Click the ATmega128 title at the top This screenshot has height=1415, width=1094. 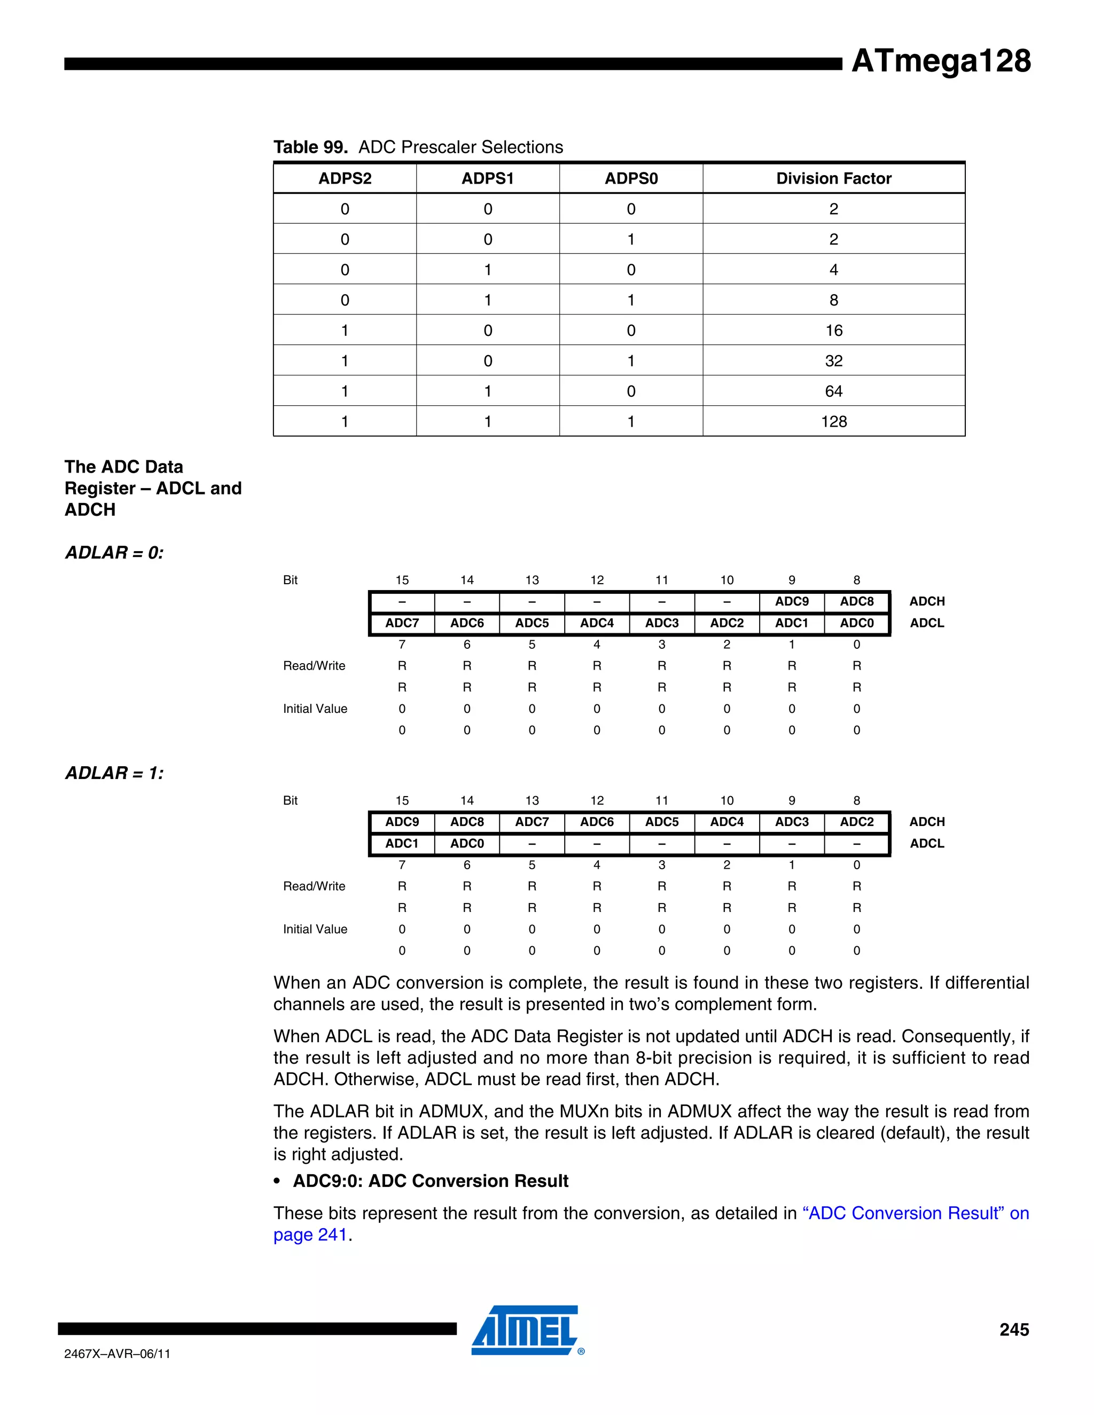tap(940, 61)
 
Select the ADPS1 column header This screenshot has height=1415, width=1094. tap(487, 178)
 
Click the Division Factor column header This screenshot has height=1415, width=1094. tap(833, 178)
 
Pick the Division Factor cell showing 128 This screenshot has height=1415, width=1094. tap(833, 422)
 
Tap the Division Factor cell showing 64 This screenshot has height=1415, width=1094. tap(833, 391)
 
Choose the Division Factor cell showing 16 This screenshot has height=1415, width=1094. tap(833, 331)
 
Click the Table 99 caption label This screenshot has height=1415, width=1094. tap(310, 147)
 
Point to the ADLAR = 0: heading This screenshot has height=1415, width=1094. tap(114, 553)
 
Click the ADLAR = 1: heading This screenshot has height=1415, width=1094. tap(114, 773)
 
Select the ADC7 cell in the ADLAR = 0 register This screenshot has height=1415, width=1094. tap(402, 623)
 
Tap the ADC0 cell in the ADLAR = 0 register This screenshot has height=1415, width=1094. tap(857, 623)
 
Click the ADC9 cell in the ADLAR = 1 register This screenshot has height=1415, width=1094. tap(402, 822)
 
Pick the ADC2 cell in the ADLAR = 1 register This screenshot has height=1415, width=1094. tap(857, 822)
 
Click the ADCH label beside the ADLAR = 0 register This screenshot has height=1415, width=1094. tap(927, 601)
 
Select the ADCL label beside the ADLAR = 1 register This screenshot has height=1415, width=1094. tap(927, 844)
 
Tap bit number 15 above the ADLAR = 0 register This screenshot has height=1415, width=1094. tap(402, 580)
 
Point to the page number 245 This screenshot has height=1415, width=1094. tap(1014, 1330)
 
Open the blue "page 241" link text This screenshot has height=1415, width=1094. tap(310, 1235)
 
